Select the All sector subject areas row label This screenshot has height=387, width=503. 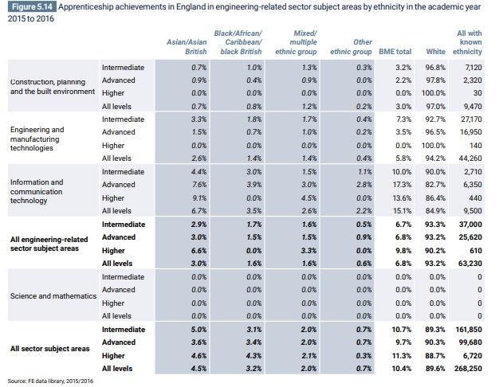[x=49, y=348]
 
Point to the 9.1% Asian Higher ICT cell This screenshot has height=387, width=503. [x=197, y=197]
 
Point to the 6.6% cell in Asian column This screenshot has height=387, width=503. [x=197, y=250]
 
